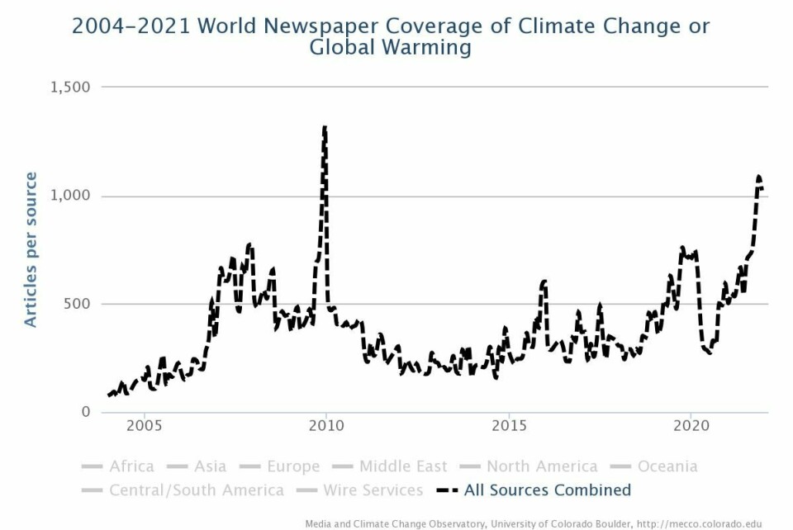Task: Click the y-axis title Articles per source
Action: coord(31,249)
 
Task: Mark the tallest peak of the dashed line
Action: coord(325,127)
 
